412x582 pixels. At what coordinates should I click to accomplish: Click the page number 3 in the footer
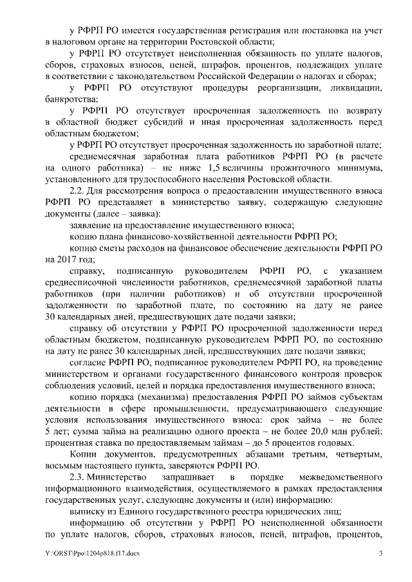click(x=380, y=552)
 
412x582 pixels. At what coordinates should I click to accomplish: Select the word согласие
click(x=89, y=363)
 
